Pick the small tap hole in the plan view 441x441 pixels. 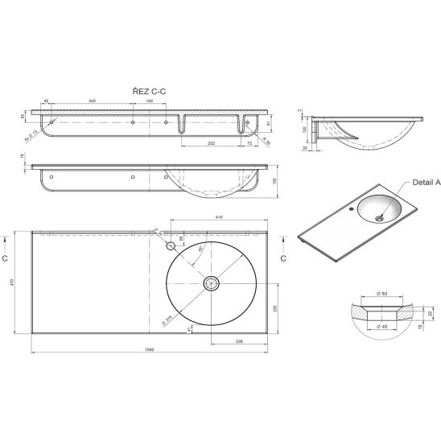point(171,244)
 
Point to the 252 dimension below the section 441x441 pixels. point(211,142)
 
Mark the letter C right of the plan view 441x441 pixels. point(282,259)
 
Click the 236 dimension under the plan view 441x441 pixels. point(240,341)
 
